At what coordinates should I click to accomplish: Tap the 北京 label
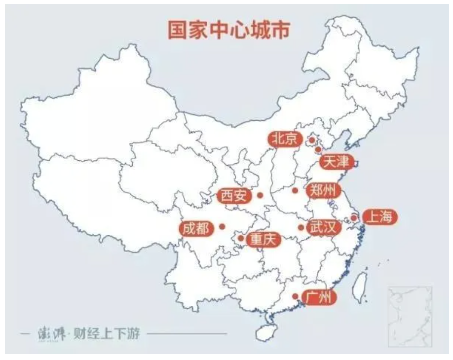[285, 139]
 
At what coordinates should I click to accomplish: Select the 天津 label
[337, 161]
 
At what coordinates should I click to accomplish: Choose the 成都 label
[195, 228]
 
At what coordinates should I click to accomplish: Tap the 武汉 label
[324, 227]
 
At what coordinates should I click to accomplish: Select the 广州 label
[318, 297]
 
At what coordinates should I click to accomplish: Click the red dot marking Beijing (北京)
[312, 141]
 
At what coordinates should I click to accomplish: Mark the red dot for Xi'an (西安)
[260, 195]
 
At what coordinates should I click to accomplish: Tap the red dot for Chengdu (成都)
[222, 226]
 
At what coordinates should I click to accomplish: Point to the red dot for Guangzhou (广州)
[295, 296]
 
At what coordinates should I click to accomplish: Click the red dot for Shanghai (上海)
[353, 217]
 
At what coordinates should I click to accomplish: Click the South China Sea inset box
[409, 316]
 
